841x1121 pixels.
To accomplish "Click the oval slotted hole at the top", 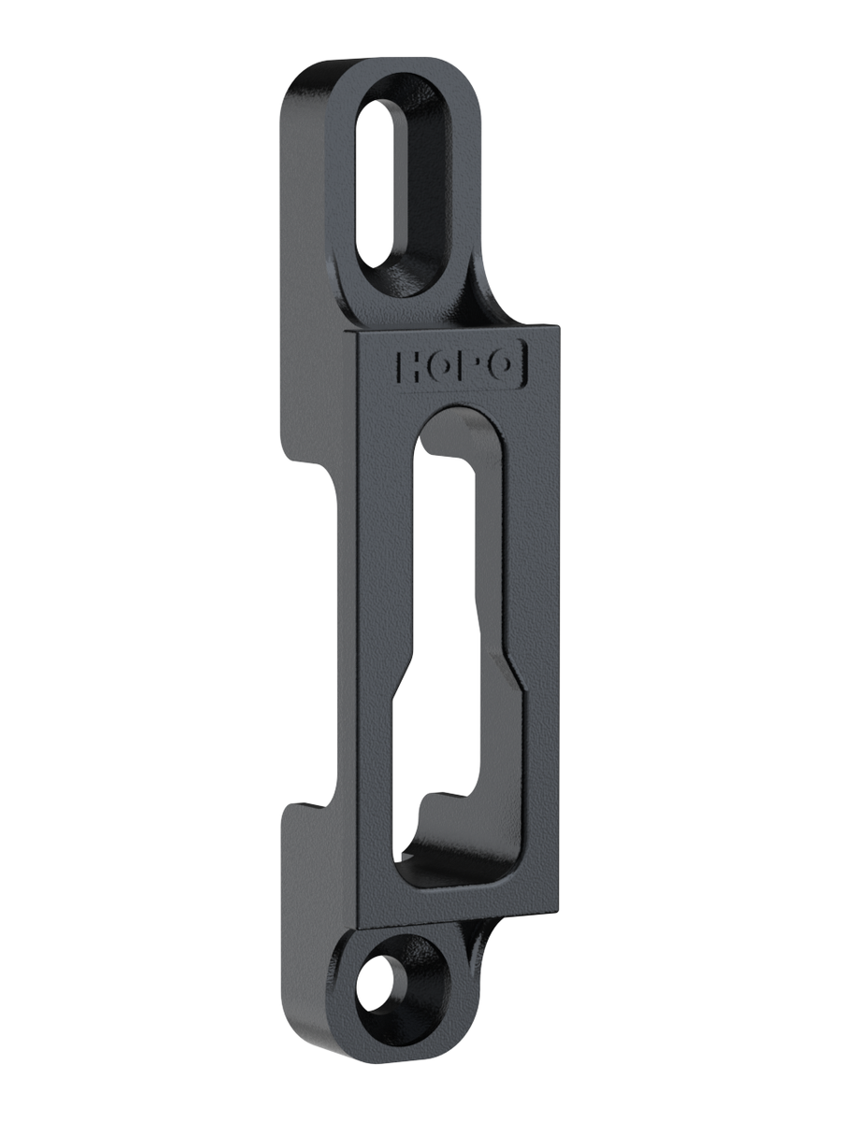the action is pos(378,183).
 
